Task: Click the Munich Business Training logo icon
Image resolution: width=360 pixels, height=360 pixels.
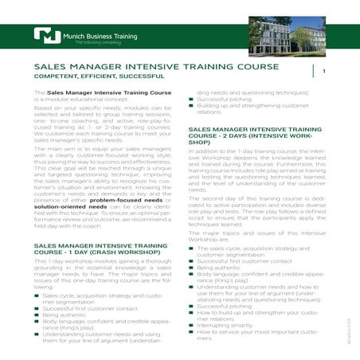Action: click(49, 35)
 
